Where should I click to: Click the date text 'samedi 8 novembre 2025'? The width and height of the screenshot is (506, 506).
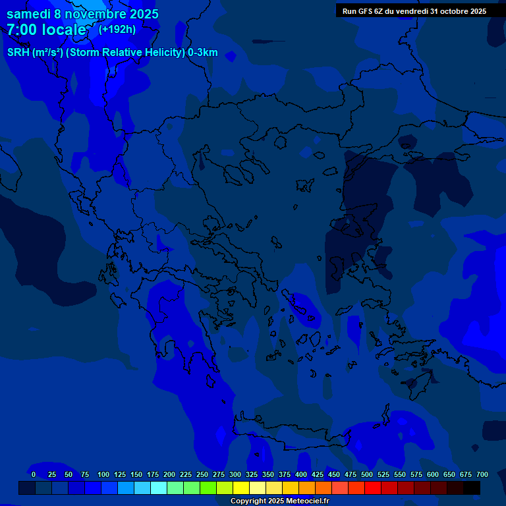point(82,14)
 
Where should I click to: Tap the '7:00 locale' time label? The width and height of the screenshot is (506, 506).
point(46,30)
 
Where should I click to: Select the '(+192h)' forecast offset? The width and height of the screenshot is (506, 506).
point(117,29)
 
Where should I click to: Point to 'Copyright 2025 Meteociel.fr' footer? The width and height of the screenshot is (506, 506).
point(279,501)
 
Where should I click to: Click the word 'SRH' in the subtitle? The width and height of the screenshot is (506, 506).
point(18,53)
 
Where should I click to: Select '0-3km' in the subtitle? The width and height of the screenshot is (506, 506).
point(203,53)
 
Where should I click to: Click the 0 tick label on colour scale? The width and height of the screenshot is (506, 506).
point(34,474)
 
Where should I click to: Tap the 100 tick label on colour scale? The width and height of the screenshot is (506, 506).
point(103,474)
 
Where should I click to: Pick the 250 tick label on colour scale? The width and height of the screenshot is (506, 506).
point(202,474)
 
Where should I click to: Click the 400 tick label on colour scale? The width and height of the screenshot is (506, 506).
point(301,474)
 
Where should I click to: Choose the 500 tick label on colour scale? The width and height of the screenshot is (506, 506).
point(367,474)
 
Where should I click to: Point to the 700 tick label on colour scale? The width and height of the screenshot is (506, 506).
point(482,474)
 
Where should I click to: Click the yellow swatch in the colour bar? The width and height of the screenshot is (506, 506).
point(241,488)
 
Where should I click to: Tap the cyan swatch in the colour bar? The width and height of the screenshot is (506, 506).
point(159,488)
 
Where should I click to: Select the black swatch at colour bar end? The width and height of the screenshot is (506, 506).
point(472,488)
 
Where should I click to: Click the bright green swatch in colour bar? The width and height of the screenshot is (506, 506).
point(208,488)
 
